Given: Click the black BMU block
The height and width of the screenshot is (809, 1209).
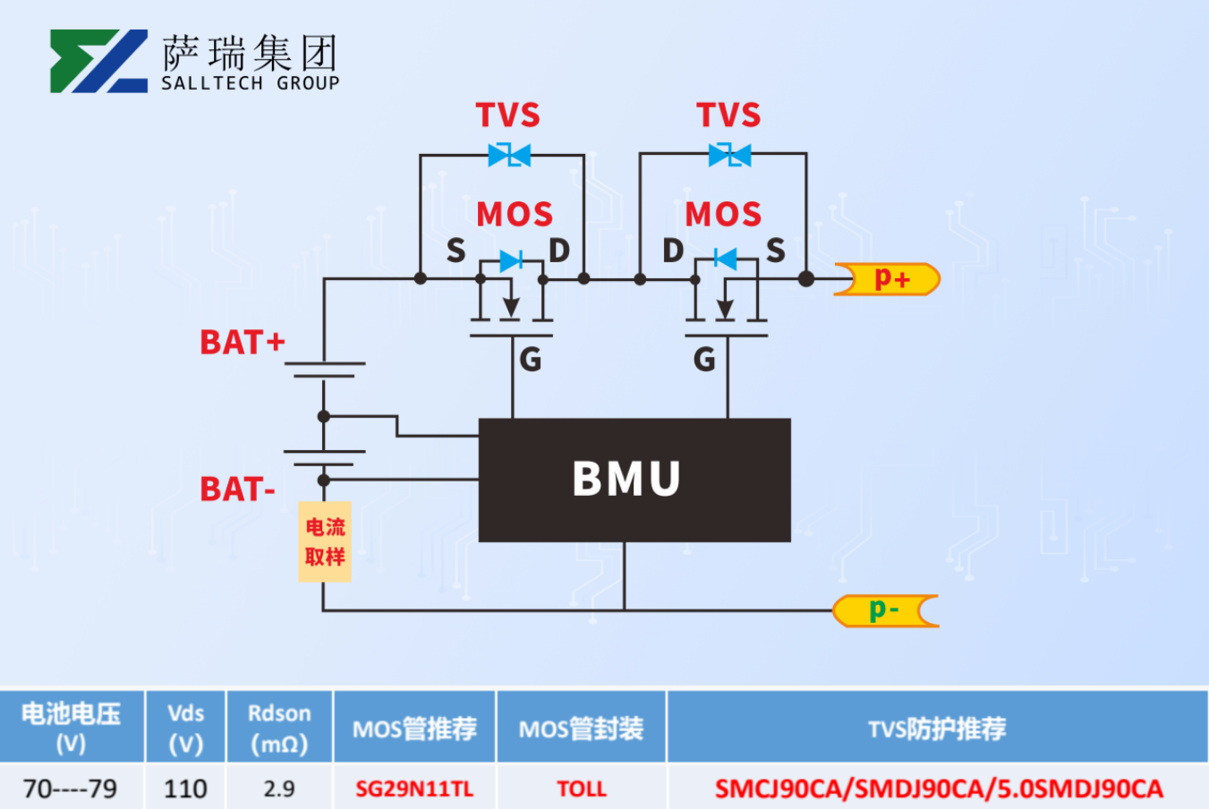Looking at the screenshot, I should pos(634,479).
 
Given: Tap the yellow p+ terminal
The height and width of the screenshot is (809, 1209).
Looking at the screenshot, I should pos(889,279).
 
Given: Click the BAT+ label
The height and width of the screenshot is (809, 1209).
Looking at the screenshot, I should pos(242,342).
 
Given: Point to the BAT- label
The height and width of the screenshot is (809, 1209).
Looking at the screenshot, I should pos(237,490).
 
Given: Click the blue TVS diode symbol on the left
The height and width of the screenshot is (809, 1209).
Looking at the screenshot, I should pos(509,155).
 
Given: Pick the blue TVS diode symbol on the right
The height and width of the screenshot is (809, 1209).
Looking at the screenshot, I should pos(729,155).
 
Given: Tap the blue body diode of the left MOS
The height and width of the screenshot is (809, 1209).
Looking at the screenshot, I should pos(511,260).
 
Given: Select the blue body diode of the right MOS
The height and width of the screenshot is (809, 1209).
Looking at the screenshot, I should pos(725,260).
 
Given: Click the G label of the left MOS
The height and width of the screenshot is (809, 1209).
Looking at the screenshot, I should pos(530,360).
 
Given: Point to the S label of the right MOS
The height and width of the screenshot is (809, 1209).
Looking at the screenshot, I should pos(775,251).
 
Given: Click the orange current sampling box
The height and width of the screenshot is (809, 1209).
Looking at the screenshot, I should pos(325,541).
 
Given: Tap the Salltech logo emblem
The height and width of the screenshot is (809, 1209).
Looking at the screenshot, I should pos(98,61).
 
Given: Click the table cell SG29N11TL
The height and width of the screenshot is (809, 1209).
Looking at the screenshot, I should pos(414,788).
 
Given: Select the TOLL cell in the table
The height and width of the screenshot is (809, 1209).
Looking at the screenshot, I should pos(582,788).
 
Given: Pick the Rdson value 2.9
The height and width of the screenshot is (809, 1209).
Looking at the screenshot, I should pos(279,788).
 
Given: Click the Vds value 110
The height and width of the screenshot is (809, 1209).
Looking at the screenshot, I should pos(185,788).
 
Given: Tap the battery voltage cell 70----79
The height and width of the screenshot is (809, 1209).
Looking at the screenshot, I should pos(71,788).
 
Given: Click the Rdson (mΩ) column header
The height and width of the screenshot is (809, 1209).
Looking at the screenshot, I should pos(279,728).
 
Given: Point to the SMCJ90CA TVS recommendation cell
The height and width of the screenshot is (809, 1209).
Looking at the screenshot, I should pos(938,788).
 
